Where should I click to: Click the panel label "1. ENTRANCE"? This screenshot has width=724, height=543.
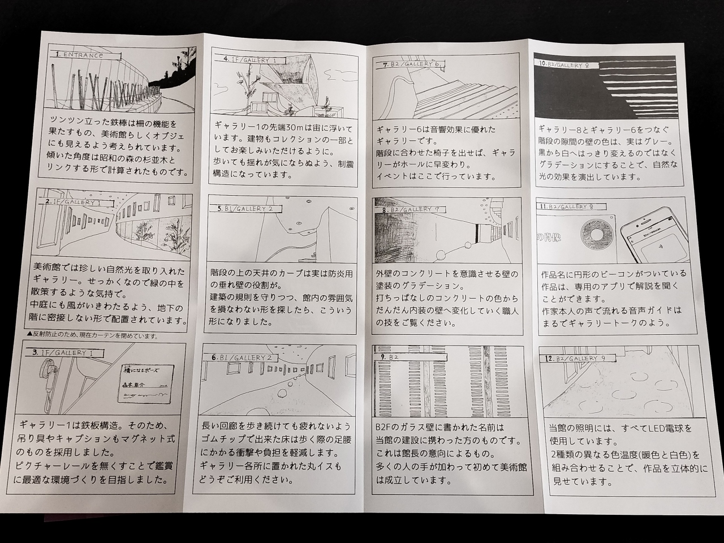[x=79, y=55]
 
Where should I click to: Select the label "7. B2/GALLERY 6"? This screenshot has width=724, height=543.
[x=412, y=64]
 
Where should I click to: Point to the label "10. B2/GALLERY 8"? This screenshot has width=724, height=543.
[x=564, y=65]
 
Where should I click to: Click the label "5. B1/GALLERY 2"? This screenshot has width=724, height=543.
[x=246, y=209]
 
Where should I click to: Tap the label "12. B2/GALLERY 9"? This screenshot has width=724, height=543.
[x=576, y=359]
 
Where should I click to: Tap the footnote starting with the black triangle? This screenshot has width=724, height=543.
[x=92, y=336]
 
